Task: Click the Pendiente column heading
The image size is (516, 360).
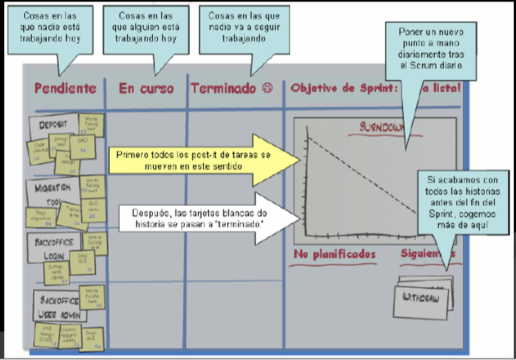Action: coord(64,88)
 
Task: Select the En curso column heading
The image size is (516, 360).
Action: coord(146,88)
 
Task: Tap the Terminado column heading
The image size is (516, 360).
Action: coord(223,88)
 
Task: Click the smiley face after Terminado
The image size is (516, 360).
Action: coord(267,88)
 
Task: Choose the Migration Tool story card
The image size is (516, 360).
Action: coord(54,191)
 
